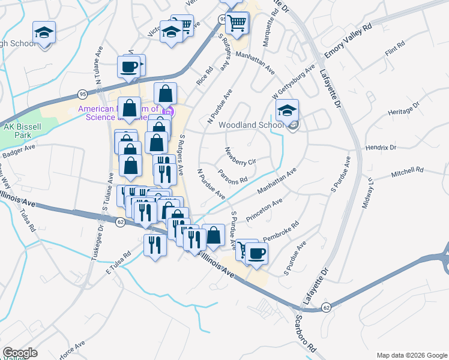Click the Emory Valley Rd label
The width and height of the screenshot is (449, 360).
click(349, 42)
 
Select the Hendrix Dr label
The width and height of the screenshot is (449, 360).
click(381, 147)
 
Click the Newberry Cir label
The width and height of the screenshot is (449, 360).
click(240, 155)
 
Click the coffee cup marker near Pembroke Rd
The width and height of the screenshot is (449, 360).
click(256, 253)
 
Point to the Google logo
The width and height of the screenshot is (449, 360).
click(20, 353)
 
